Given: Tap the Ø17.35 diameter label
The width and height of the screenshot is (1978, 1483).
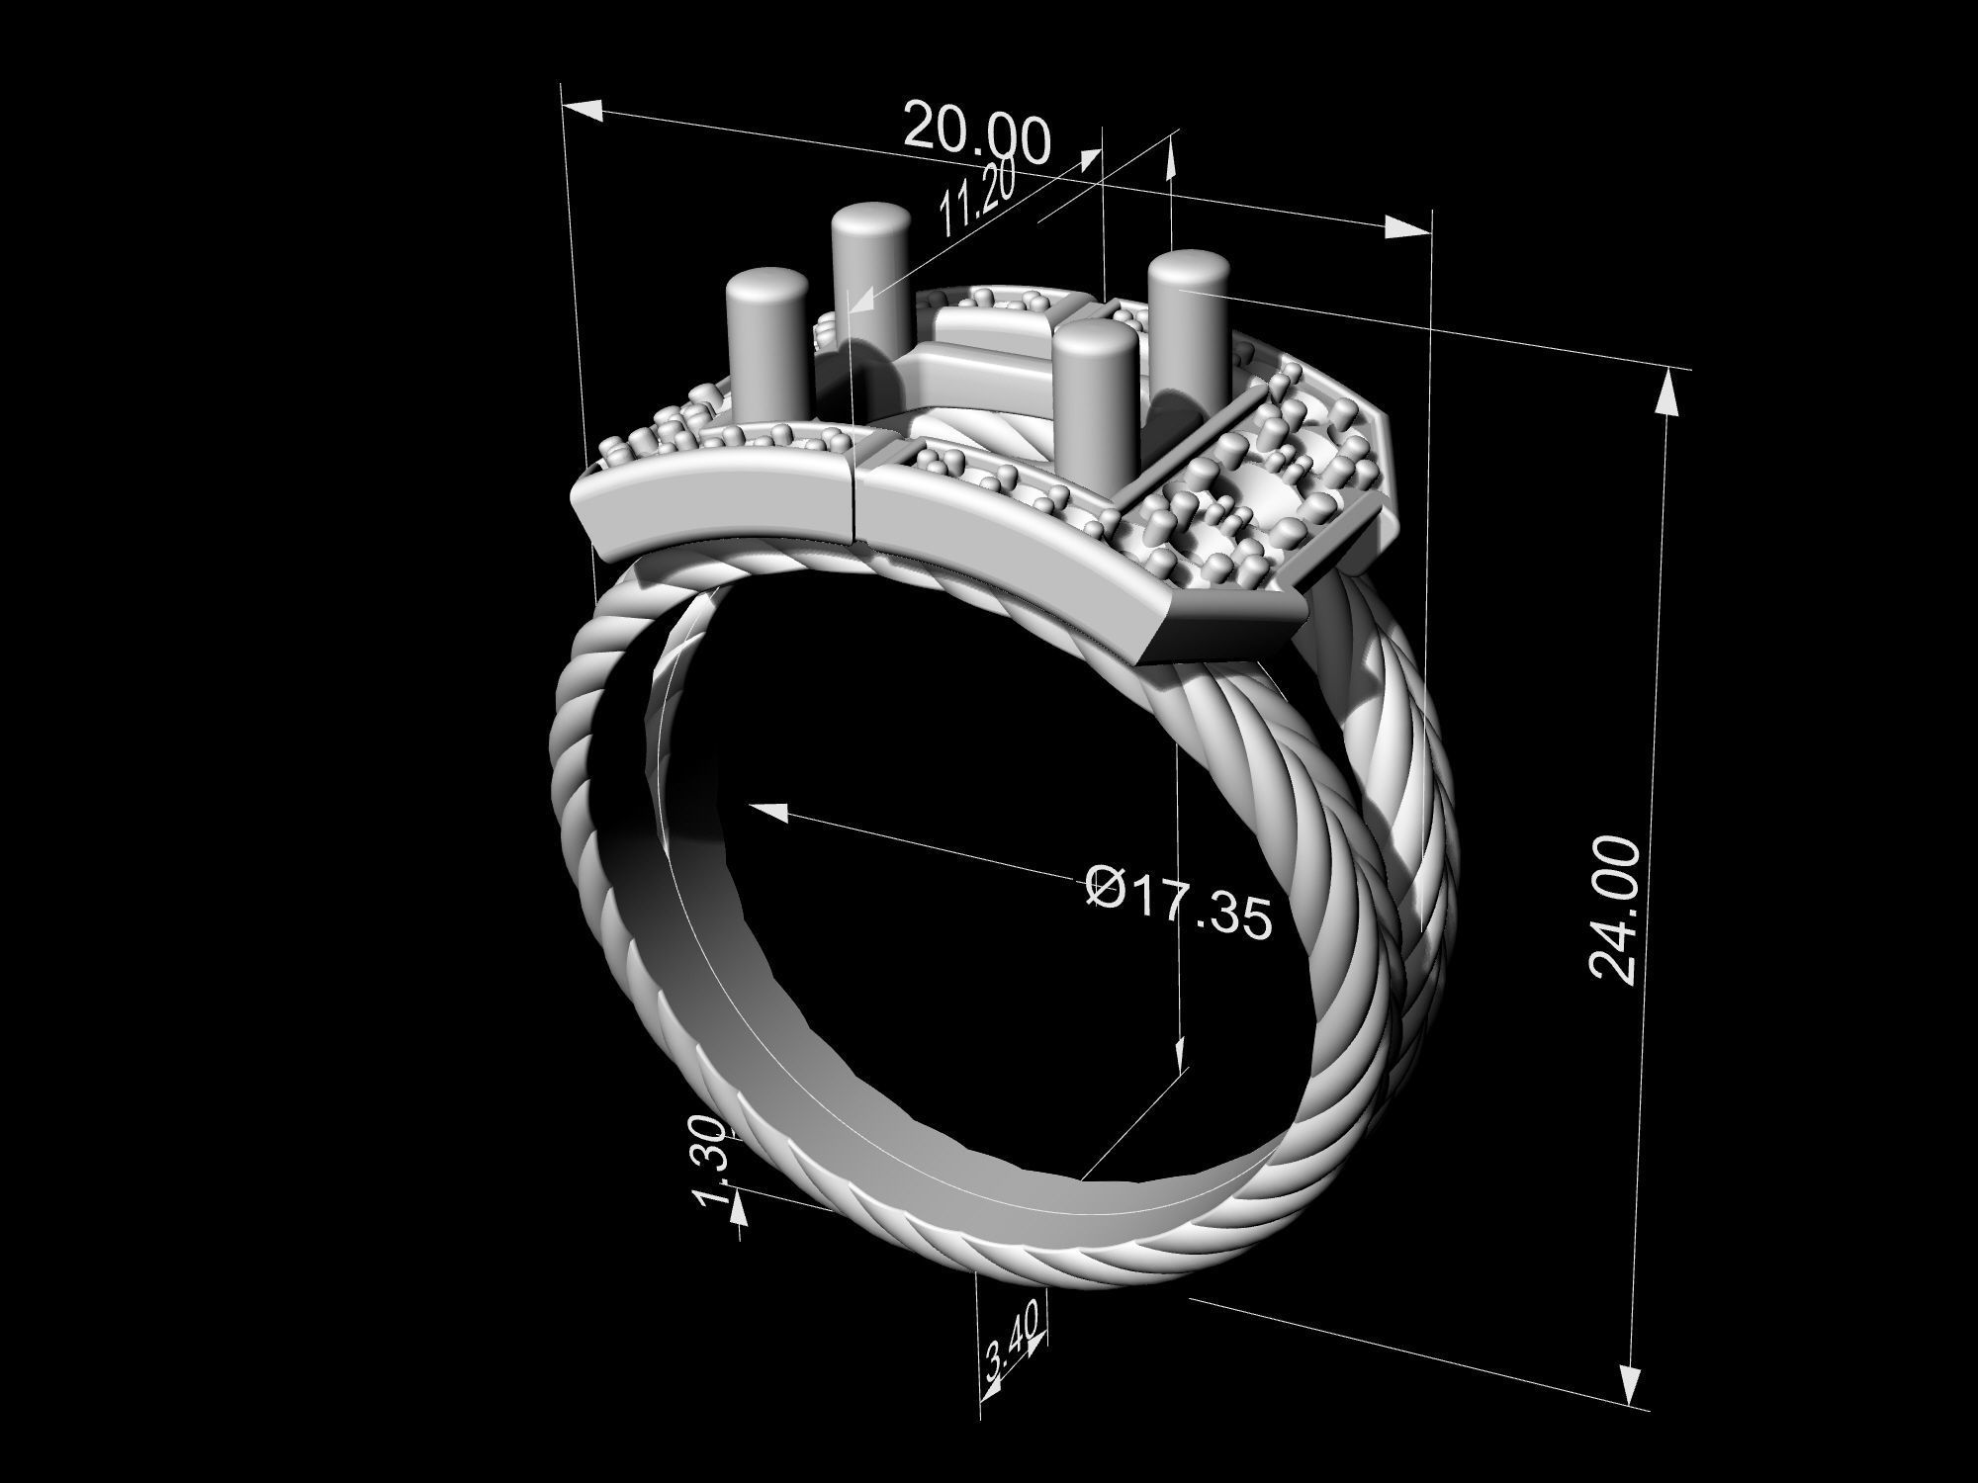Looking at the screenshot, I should click(x=1177, y=901).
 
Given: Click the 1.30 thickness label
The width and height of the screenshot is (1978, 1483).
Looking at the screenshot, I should click(x=714, y=1162).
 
